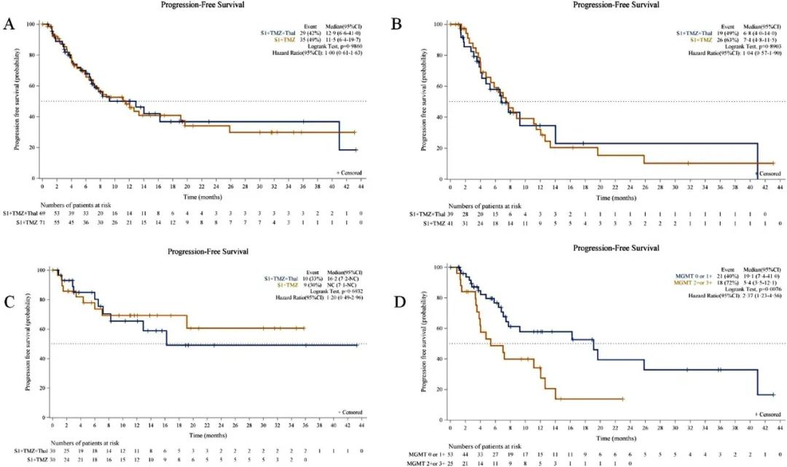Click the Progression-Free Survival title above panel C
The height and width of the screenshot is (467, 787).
coord(199,251)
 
